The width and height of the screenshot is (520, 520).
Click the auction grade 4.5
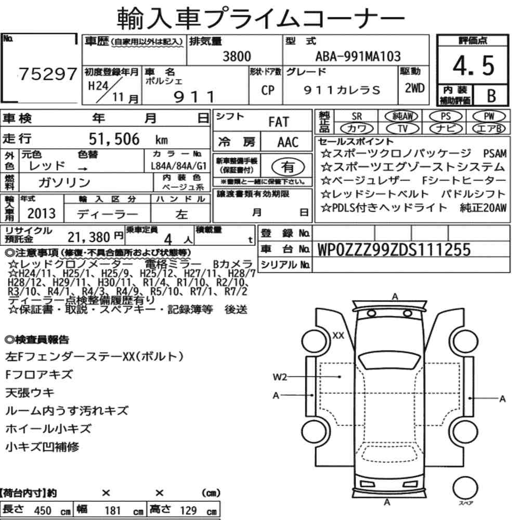coord(473,66)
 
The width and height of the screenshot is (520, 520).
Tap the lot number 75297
coord(48,74)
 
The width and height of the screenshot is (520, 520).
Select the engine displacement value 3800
coord(237,56)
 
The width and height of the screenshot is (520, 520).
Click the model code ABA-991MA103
coord(358,56)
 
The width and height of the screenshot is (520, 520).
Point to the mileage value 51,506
coord(114,139)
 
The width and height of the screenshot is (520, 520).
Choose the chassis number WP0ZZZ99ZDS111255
coord(394,250)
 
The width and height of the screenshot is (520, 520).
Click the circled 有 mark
coord(288,167)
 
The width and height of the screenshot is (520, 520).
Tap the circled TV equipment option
coord(402,128)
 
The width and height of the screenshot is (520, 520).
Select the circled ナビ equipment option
coord(446,128)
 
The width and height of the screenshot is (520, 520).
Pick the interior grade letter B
coord(491,96)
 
